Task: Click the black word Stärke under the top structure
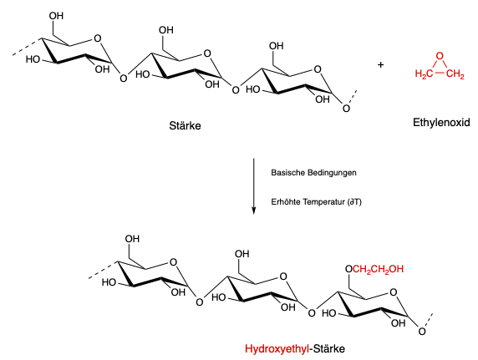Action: tap(185, 125)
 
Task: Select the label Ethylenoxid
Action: tap(441, 123)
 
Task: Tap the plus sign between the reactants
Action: tap(380, 64)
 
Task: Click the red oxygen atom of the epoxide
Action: tap(440, 56)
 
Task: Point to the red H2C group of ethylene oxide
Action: tap(424, 74)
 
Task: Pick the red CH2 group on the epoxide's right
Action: tap(455, 74)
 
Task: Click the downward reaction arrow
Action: tap(253, 186)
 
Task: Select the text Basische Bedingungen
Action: tap(313, 173)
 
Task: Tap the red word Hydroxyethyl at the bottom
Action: tap(277, 348)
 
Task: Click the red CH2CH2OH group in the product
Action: tap(378, 269)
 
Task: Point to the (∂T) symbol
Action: tap(354, 202)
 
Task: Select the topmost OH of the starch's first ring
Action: tap(56, 16)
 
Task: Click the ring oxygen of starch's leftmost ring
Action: tap(97, 38)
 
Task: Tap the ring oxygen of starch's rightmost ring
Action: tap(318, 69)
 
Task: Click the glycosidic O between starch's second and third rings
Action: tap(236, 90)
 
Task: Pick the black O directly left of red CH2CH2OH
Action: tap(348, 269)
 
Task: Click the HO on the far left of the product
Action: tap(109, 282)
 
